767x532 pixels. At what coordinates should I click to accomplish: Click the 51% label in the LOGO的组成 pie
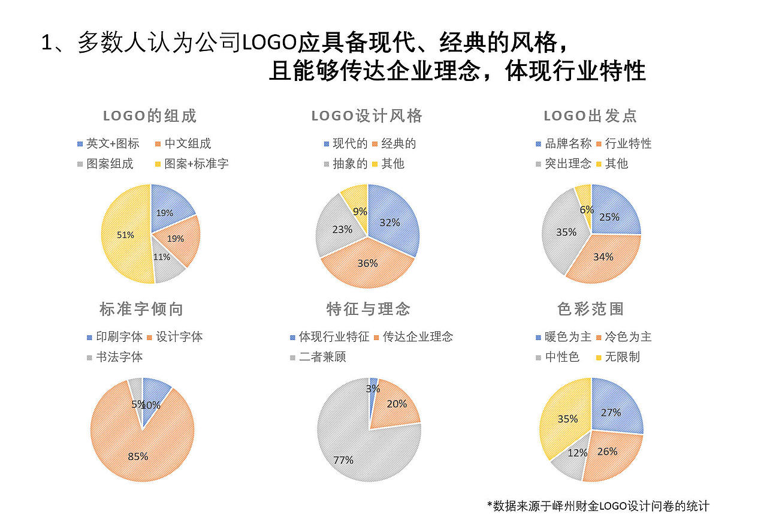click(x=125, y=235)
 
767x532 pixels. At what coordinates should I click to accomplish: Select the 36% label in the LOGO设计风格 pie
click(x=368, y=263)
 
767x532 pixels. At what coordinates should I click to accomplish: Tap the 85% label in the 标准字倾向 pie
click(x=138, y=456)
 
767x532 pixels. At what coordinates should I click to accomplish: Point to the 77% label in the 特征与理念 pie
click(x=343, y=461)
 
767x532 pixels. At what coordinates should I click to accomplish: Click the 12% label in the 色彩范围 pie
click(x=577, y=453)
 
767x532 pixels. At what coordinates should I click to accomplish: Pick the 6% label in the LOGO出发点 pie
click(x=587, y=209)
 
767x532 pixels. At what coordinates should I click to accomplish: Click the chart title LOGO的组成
click(x=150, y=116)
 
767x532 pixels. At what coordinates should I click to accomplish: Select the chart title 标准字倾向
click(x=141, y=309)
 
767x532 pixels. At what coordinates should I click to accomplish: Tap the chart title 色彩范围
click(x=591, y=309)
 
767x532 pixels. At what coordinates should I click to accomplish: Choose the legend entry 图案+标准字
click(x=196, y=164)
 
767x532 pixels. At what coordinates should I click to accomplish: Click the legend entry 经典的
click(x=398, y=144)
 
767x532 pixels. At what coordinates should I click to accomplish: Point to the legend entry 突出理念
click(x=567, y=164)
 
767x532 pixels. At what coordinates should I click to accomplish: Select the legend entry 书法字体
click(x=119, y=357)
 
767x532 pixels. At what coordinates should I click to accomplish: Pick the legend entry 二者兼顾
click(x=322, y=357)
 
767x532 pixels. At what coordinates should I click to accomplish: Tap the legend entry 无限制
click(x=622, y=357)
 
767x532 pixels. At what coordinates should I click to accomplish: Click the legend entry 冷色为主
click(x=628, y=338)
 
